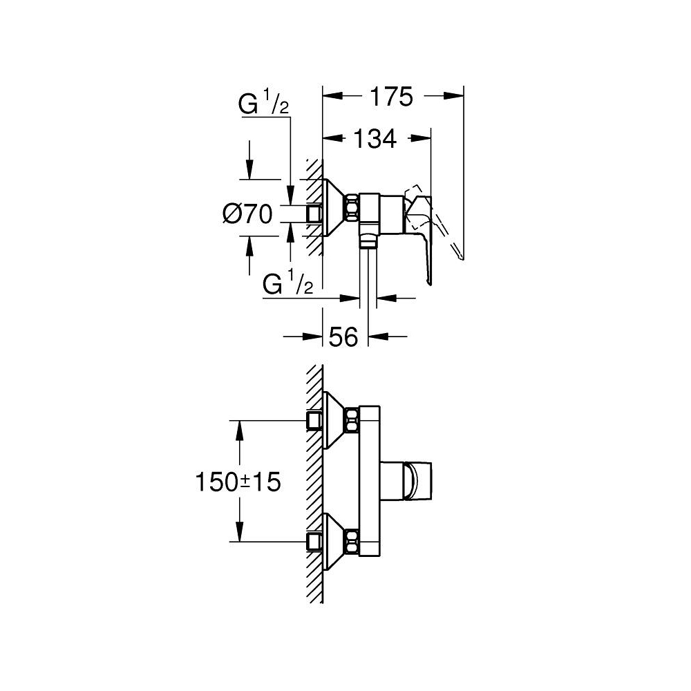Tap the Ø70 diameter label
click(x=247, y=215)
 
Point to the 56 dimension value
click(x=343, y=337)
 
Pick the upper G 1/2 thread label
click(x=263, y=106)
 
